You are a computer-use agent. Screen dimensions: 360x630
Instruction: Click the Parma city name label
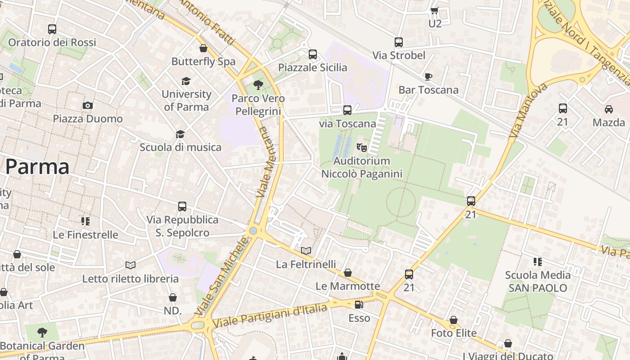click(x=37, y=167)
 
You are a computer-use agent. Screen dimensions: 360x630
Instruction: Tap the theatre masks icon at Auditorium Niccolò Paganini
click(x=361, y=147)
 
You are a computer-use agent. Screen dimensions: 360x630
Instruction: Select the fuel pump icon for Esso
click(x=359, y=305)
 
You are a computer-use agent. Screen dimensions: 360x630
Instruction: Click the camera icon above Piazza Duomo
click(x=88, y=105)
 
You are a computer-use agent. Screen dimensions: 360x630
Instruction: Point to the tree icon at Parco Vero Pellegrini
click(x=258, y=85)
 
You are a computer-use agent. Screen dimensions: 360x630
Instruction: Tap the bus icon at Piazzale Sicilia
click(x=313, y=54)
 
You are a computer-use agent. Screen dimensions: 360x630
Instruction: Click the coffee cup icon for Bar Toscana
click(x=428, y=76)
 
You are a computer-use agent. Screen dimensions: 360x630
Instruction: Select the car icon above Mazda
click(x=608, y=109)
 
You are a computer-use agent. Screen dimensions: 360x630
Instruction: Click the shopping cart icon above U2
click(x=435, y=10)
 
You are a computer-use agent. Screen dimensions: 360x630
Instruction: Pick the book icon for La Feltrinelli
click(x=306, y=251)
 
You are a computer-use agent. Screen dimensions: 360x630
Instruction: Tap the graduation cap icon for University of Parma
click(x=186, y=81)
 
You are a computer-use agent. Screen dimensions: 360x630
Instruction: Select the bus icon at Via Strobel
click(x=398, y=42)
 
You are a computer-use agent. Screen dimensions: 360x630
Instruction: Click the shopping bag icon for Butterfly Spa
click(x=203, y=48)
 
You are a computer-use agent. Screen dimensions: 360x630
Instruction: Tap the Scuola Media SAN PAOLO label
click(x=538, y=281)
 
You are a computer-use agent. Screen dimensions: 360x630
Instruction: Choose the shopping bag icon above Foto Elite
click(x=454, y=320)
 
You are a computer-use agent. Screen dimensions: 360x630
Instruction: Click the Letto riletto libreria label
click(x=130, y=279)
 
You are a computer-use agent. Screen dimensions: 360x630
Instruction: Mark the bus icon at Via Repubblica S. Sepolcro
click(x=182, y=207)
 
